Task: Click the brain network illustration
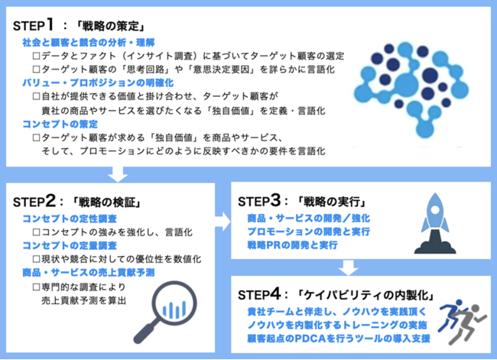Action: point(411,91)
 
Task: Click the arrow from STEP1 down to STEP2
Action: point(118,174)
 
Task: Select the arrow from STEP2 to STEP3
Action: point(223,222)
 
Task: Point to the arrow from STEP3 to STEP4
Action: point(349,268)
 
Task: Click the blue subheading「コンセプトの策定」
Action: point(60,124)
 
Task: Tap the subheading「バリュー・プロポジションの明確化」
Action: point(98,83)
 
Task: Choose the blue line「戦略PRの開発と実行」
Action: point(292,245)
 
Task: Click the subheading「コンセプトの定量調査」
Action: point(70,245)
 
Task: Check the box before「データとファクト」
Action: point(37,56)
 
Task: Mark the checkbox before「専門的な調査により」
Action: point(37,287)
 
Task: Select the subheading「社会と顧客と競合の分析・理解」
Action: point(89,43)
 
